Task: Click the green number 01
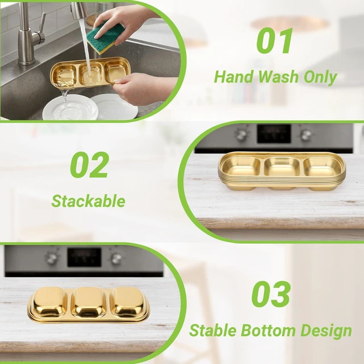point(274,41)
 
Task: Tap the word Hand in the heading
point(234,77)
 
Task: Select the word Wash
point(278,77)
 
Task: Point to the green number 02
point(89,165)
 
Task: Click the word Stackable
point(88,201)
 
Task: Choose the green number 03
point(271,294)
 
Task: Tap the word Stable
point(213,330)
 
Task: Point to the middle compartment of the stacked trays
point(282,167)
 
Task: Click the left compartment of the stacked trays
point(241,167)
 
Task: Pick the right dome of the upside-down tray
point(129,302)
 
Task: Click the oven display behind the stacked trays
point(274,134)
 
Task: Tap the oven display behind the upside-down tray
point(84,257)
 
